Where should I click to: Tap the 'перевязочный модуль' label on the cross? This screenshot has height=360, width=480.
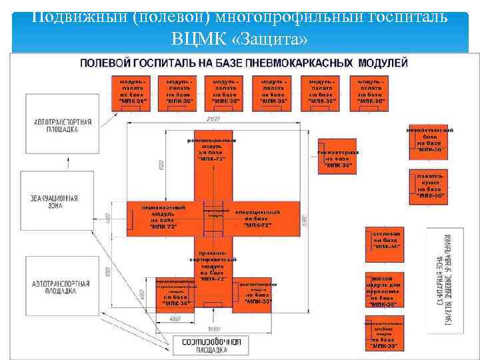click(x=163, y=217)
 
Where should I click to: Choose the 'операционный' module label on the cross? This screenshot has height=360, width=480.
click(x=257, y=219)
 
